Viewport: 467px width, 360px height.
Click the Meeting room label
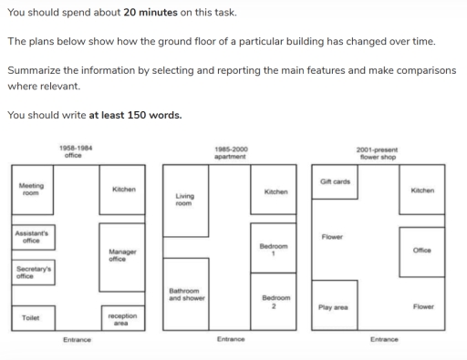tap(30, 189)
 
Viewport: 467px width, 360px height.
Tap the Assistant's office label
tap(31, 237)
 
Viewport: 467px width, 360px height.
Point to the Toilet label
tap(31, 317)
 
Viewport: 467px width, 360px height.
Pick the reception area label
tap(123, 317)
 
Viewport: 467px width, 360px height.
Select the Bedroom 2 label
tap(275, 301)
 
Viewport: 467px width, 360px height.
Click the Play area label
tap(333, 307)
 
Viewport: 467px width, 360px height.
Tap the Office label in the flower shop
tap(421, 249)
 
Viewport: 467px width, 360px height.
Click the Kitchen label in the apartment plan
tap(275, 192)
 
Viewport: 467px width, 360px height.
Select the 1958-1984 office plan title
tap(75, 151)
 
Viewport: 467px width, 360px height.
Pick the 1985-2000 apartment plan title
tap(230, 151)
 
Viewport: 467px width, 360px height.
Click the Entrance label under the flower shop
tap(384, 339)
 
